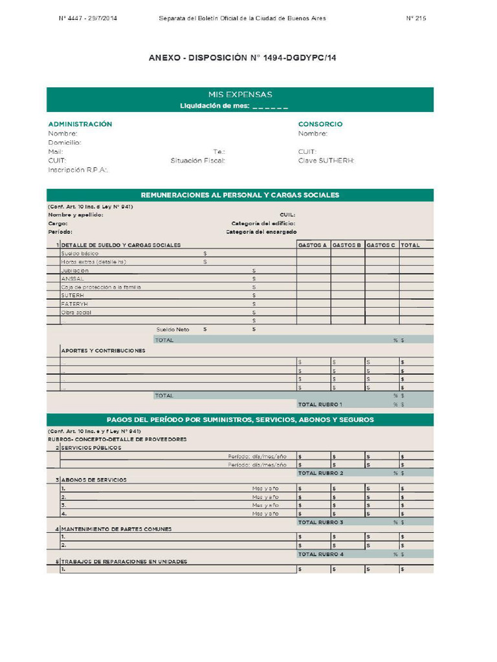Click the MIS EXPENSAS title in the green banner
(239, 94)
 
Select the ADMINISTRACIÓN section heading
(80, 123)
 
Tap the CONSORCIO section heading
(320, 123)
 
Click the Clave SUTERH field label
(326, 160)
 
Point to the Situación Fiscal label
(198, 160)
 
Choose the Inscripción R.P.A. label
(78, 170)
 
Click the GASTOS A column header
(313, 245)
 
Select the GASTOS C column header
(381, 245)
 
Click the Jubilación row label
(75, 270)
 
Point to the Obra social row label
(76, 312)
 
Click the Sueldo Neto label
(173, 329)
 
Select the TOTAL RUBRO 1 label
(320, 404)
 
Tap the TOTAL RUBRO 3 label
(320, 522)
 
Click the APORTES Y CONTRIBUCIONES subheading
(103, 350)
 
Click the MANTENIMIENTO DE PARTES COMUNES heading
(116, 529)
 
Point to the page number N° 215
(416, 18)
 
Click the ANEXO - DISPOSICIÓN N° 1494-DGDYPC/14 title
(242, 58)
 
